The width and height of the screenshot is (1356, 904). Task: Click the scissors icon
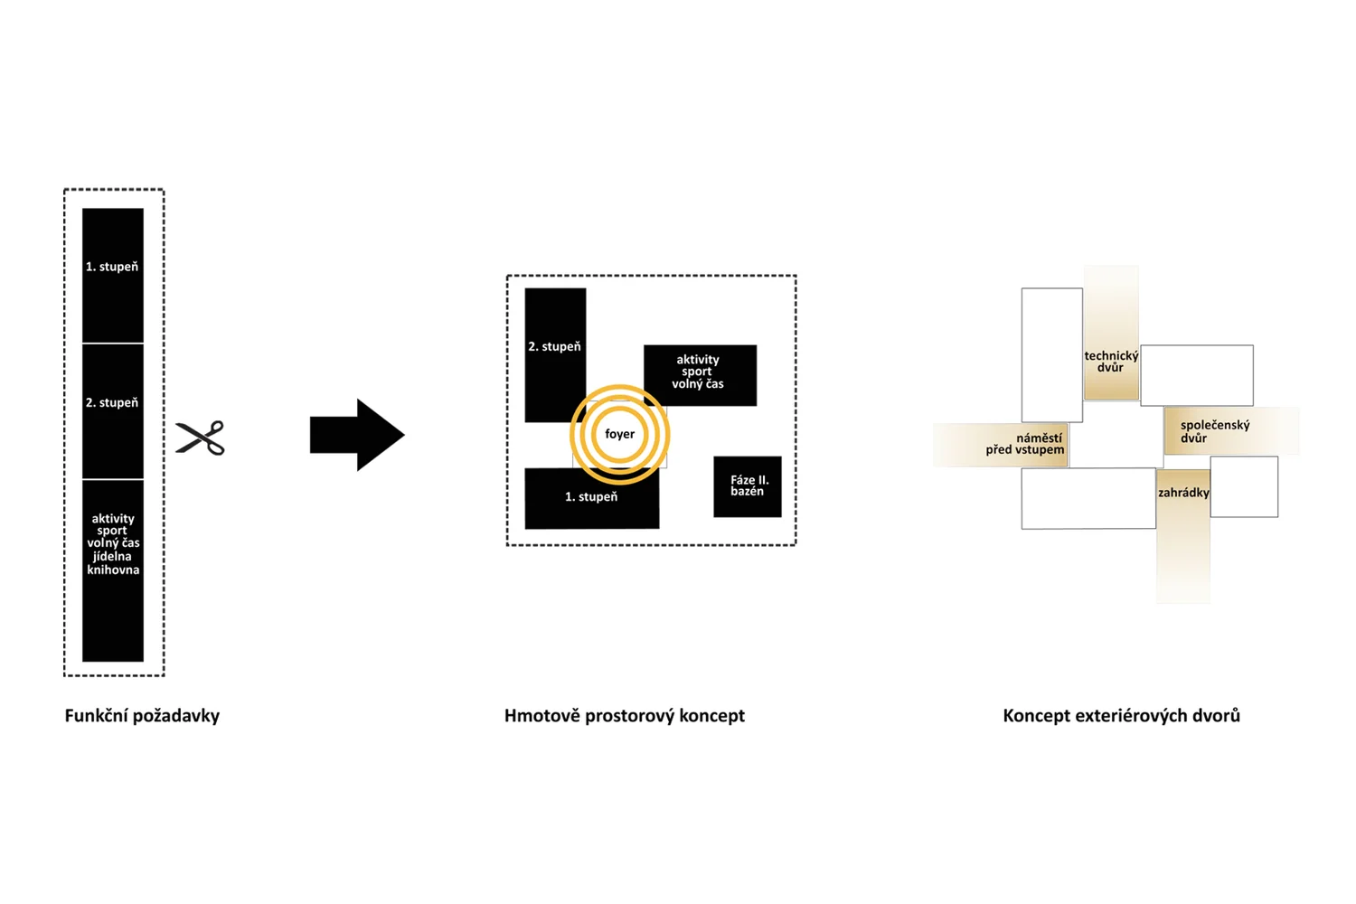click(x=200, y=438)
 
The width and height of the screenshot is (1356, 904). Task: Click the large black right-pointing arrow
click(x=356, y=435)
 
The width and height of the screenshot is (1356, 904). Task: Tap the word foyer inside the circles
click(x=619, y=434)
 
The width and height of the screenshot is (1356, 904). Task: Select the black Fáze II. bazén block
click(x=748, y=486)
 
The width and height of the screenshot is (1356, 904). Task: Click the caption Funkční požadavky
click(x=142, y=716)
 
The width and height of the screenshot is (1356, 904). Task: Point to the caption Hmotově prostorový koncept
click(x=624, y=716)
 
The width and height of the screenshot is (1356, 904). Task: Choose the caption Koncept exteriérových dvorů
click(x=1121, y=716)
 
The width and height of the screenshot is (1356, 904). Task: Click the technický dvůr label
click(x=1111, y=362)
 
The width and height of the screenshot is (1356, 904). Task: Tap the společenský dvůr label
click(x=1214, y=431)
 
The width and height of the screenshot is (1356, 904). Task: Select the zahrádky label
click(x=1183, y=493)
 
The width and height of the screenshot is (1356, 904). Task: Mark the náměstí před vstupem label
click(x=1026, y=444)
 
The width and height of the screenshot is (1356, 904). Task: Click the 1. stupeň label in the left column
click(x=112, y=267)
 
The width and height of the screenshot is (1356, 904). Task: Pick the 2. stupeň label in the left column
click(x=112, y=402)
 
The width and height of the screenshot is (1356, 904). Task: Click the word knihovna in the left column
click(x=113, y=570)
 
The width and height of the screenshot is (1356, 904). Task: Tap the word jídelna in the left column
click(x=113, y=556)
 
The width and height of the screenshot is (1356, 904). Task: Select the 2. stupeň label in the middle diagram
click(x=554, y=346)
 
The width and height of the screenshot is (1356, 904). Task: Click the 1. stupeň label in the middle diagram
click(x=591, y=496)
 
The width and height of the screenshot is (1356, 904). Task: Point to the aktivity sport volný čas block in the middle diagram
click(x=699, y=373)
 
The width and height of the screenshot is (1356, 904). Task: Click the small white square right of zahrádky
click(x=1244, y=486)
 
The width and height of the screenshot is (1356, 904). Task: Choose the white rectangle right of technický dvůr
click(x=1197, y=375)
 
